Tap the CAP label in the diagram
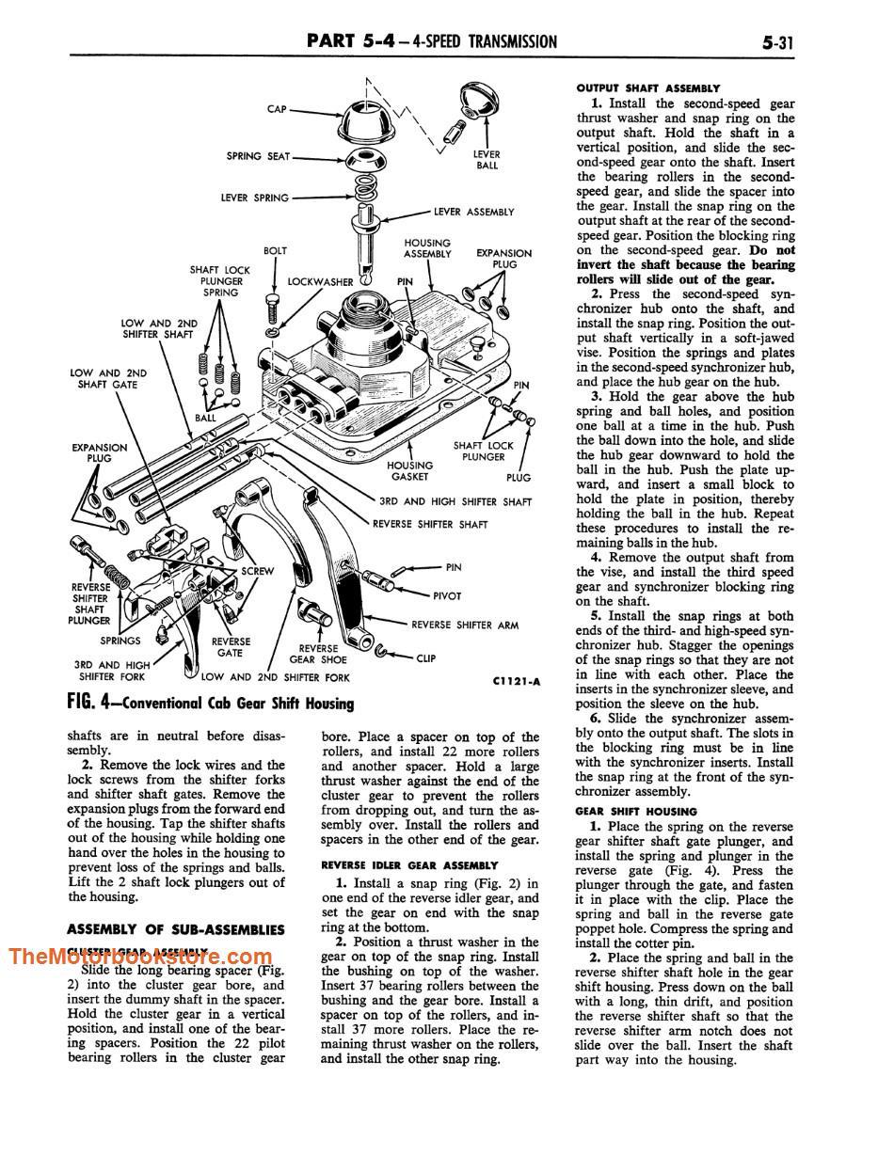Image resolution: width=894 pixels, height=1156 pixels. (x=277, y=109)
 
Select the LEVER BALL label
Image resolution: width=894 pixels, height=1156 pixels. (x=487, y=159)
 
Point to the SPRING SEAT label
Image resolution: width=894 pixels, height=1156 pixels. (x=258, y=156)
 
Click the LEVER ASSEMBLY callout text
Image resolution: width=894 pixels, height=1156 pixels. (x=474, y=212)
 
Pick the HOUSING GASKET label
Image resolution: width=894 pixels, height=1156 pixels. (x=409, y=471)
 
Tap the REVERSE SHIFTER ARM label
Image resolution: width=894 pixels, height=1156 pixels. (x=465, y=625)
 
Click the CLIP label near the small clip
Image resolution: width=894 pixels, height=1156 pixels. (x=425, y=657)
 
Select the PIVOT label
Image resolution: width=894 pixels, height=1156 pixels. (x=447, y=595)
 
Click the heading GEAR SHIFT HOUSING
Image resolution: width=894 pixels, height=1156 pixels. (x=636, y=811)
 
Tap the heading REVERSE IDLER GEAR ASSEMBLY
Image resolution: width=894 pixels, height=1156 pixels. (x=408, y=864)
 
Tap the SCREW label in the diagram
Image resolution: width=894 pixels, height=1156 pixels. (x=258, y=571)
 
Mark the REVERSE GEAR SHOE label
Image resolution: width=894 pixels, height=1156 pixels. (x=318, y=654)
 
